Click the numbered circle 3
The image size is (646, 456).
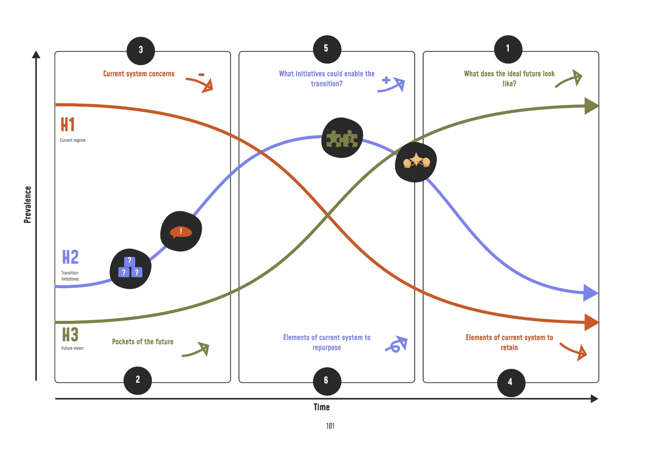[141, 51]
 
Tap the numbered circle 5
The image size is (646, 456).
[327, 49]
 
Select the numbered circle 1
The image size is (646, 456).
[508, 49]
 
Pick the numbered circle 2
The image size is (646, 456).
[138, 380]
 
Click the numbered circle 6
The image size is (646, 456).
[327, 381]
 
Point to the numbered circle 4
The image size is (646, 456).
[511, 383]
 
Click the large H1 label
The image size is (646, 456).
[68, 124]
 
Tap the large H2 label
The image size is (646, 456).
[70, 257]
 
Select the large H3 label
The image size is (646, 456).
[70, 335]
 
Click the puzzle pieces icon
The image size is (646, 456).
[342, 138]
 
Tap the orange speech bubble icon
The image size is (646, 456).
[181, 231]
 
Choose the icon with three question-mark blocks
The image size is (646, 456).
[130, 268]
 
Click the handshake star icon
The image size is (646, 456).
[416, 162]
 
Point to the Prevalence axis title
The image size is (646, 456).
[28, 204]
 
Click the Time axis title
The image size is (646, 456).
[322, 407]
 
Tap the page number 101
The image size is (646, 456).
[330, 426]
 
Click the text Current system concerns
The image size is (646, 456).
[139, 74]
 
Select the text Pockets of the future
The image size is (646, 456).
[143, 342]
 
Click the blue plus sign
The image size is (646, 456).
[386, 80]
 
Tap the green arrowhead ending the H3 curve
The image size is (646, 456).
[591, 106]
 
